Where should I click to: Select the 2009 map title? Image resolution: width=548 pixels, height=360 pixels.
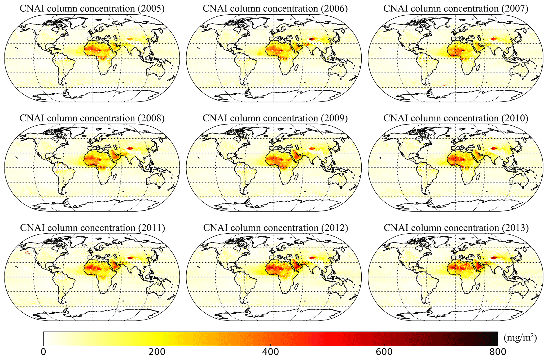point(275,118)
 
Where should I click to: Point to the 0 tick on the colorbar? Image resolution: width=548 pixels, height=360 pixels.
point(43,352)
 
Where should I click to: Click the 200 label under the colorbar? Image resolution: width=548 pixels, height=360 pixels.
point(157,352)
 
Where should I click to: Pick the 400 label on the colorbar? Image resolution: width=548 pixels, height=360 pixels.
point(270,352)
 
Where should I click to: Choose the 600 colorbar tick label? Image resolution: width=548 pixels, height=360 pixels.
point(384,352)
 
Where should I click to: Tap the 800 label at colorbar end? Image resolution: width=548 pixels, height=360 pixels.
point(497,352)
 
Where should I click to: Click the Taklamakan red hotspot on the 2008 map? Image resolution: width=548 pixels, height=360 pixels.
point(130,148)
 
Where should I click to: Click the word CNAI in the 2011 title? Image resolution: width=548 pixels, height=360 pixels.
point(30,228)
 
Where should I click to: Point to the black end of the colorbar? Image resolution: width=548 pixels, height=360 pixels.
point(495,339)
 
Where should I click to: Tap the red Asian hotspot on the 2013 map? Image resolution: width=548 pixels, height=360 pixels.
point(494,257)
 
